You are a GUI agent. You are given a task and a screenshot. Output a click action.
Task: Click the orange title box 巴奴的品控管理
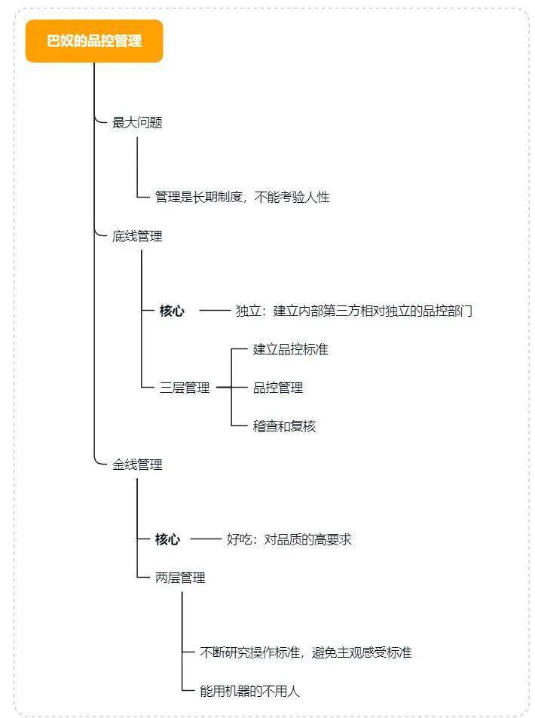point(94,41)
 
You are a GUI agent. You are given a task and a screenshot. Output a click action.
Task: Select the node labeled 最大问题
point(137,122)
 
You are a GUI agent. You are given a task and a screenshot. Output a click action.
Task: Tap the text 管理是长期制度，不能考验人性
point(242,197)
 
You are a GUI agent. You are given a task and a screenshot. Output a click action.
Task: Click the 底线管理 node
point(137,236)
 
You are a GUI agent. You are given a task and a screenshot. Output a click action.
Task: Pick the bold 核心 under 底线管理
point(172,311)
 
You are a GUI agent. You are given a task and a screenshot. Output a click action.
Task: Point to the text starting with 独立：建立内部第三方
point(354,311)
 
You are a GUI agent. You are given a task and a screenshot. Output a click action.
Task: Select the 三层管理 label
point(185,388)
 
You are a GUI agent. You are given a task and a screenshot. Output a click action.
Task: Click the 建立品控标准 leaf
point(290,349)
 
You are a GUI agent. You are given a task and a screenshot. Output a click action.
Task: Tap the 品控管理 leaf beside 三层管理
point(278,388)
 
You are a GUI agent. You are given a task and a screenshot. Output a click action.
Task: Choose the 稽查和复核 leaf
point(284,426)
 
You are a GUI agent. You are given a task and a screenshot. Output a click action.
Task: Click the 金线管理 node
point(137,465)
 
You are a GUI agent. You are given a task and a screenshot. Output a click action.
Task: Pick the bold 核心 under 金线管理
point(167,539)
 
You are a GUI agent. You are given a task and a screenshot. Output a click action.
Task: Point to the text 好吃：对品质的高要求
point(289,539)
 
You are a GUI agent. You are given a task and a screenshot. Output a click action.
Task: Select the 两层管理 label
point(180,578)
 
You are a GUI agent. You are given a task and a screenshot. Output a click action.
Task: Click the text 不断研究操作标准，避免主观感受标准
point(306,652)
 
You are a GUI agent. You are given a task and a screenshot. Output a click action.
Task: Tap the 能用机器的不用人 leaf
point(250,691)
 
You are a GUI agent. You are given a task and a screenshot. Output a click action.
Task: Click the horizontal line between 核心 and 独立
point(215,311)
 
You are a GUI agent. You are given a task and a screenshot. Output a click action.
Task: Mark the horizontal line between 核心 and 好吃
point(206,539)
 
